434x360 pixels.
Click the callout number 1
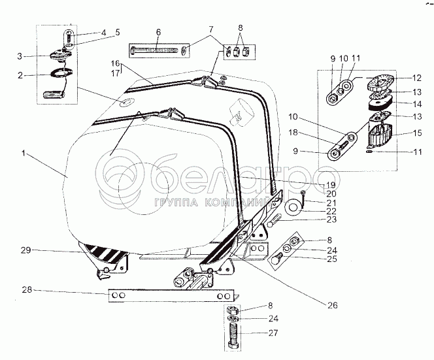coord(23,154)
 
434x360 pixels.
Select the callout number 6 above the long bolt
coord(158,32)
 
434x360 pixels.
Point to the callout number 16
coord(115,63)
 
